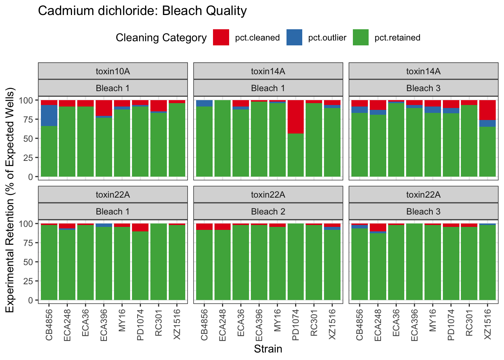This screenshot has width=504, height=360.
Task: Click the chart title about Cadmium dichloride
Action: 142,11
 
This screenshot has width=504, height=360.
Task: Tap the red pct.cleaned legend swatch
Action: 221,37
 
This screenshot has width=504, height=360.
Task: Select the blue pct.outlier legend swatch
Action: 294,37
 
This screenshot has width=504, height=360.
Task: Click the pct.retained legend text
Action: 397,38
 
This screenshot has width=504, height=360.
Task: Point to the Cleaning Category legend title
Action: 161,38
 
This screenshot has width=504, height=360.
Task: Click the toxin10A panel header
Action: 112,71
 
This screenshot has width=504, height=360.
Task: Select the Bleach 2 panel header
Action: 268,211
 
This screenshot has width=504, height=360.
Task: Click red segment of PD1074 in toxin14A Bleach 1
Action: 295,117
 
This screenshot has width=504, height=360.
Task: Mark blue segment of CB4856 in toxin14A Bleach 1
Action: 204,103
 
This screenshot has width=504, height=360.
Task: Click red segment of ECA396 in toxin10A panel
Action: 104,108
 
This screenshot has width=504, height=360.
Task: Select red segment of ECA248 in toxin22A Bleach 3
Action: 378,228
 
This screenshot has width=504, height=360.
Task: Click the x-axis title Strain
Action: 268,349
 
